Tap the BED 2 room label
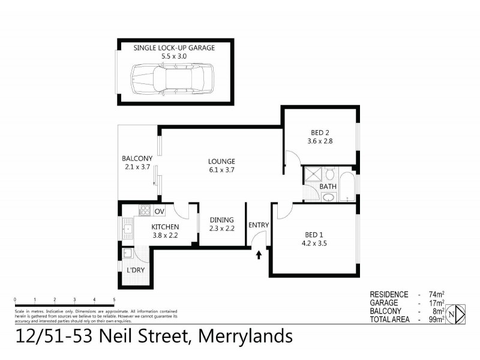(320, 133)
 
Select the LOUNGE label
(221, 161)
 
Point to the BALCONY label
(137, 158)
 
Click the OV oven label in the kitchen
(159, 211)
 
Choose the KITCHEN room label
(165, 226)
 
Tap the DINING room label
(221, 220)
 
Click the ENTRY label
(259, 225)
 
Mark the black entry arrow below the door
(259, 254)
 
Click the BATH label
(328, 186)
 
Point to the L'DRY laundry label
(135, 270)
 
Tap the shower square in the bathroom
(313, 175)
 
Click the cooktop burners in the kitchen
(144, 211)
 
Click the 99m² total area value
(437, 320)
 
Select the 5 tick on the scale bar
(114, 299)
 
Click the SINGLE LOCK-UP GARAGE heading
(175, 47)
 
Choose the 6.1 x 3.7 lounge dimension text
(221, 170)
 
